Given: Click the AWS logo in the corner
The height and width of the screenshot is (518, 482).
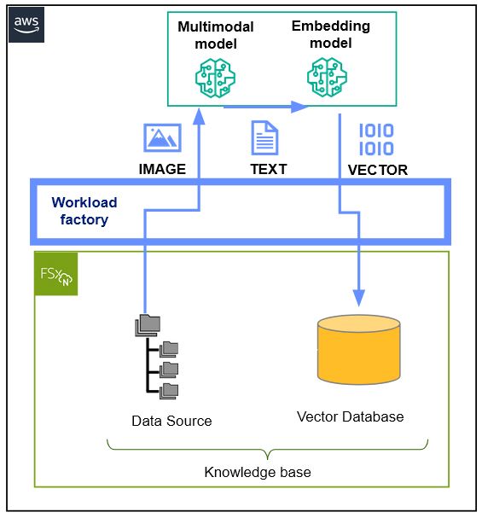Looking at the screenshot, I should point(26,26).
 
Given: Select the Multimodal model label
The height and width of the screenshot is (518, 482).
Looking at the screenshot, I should point(215,35).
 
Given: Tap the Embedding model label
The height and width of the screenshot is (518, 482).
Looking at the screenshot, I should point(330,34).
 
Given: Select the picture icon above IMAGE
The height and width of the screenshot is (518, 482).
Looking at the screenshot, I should point(162,137).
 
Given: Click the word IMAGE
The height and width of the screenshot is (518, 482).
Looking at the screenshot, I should point(162,169).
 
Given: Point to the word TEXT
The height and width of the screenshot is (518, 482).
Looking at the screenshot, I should point(268,169).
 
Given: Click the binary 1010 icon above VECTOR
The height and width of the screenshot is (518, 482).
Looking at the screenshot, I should point(375,139).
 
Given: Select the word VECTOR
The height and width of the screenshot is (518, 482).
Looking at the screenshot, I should point(377,170).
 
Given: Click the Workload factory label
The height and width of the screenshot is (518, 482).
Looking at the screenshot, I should point(84,211).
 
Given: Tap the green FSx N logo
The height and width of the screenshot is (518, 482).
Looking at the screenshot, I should point(55,273).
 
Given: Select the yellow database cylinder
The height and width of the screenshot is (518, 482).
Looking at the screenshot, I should point(357,351).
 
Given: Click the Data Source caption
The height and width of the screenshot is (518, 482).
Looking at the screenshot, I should point(171,421).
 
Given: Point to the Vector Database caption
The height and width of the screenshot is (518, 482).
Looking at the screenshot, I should point(350,417).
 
